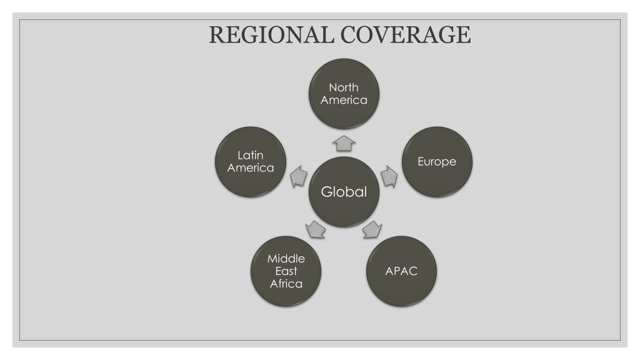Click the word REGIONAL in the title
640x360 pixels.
coord(271,35)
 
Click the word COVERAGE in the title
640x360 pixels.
coord(406,35)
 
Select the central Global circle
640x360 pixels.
coord(344,192)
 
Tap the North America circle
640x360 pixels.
coord(344,94)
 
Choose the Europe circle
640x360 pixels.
coord(437,162)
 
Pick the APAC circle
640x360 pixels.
coord(402,271)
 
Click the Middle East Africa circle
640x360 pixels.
coord(286,271)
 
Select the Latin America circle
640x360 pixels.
coord(251,162)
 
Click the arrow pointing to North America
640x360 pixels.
coord(344,143)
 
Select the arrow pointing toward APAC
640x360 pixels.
coord(372,229)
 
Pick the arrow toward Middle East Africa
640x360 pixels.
coord(316,229)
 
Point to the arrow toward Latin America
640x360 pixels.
coord(299,177)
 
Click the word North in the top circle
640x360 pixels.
coord(344,87)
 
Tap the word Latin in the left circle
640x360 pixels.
coord(251,155)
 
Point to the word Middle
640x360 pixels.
coord(286,258)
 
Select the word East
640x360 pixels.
coord(286,271)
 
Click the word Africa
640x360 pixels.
coord(286,284)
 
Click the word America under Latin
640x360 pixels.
coord(251,167)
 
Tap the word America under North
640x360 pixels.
coord(344,100)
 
